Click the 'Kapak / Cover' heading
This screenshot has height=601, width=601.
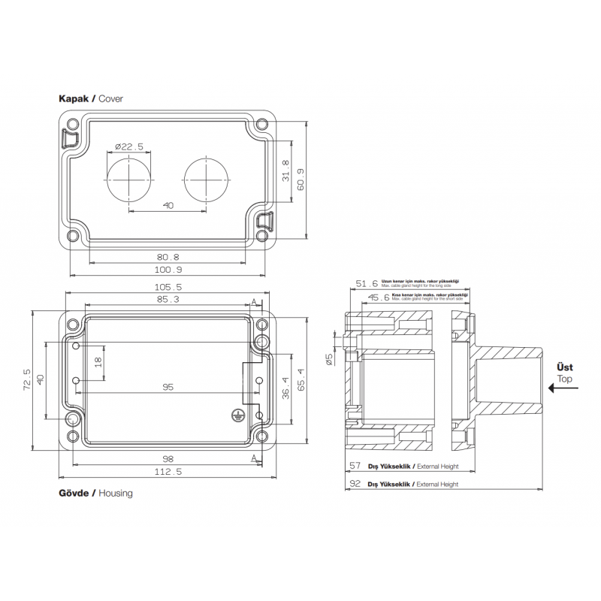point(90,98)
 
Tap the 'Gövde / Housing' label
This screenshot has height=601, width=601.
point(95,494)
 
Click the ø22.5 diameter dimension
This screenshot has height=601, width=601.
point(129,147)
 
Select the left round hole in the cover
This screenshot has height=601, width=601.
point(129,180)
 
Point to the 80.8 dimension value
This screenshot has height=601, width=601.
point(168,256)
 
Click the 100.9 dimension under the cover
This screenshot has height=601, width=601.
point(168,269)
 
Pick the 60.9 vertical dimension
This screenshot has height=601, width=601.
point(300,180)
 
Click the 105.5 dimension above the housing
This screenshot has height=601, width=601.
point(168,288)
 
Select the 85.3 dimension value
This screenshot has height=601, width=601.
point(168,300)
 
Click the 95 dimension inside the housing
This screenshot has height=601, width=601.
point(168,388)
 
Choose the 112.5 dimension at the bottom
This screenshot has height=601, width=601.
point(168,472)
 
